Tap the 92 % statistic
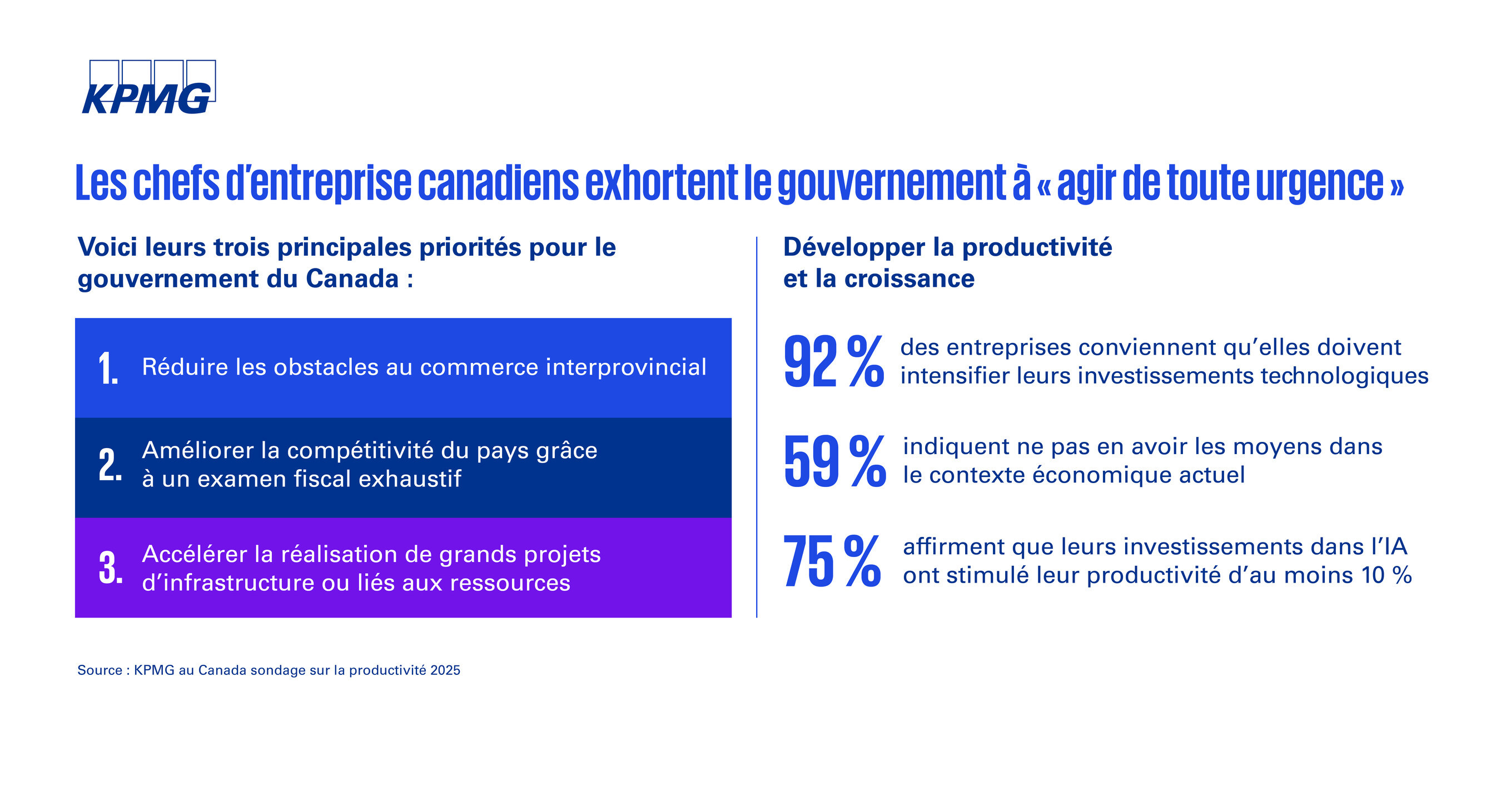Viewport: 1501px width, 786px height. tap(833, 362)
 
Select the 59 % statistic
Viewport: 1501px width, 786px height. tap(834, 461)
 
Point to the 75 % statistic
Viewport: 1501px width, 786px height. tap(832, 561)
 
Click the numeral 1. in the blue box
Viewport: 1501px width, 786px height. tap(108, 368)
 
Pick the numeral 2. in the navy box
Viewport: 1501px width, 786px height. tap(110, 465)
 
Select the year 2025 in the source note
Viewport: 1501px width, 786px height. tap(445, 670)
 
